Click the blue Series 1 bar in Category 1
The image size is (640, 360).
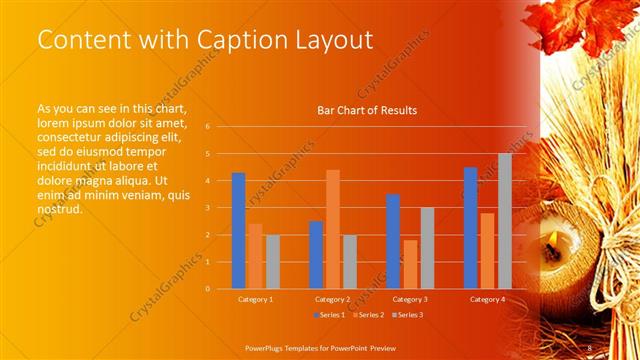coord(238,231)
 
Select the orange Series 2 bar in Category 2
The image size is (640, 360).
coord(332,229)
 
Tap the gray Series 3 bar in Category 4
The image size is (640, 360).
coord(505,221)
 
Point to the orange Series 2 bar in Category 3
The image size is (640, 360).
coord(410,264)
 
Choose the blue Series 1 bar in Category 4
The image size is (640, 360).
coord(470,228)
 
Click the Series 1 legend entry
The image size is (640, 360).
coord(332,315)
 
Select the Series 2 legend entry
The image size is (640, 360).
coord(367,315)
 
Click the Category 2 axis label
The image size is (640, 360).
coord(332,299)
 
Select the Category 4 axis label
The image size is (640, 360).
coord(487,299)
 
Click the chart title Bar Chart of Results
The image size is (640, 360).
coord(367,110)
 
